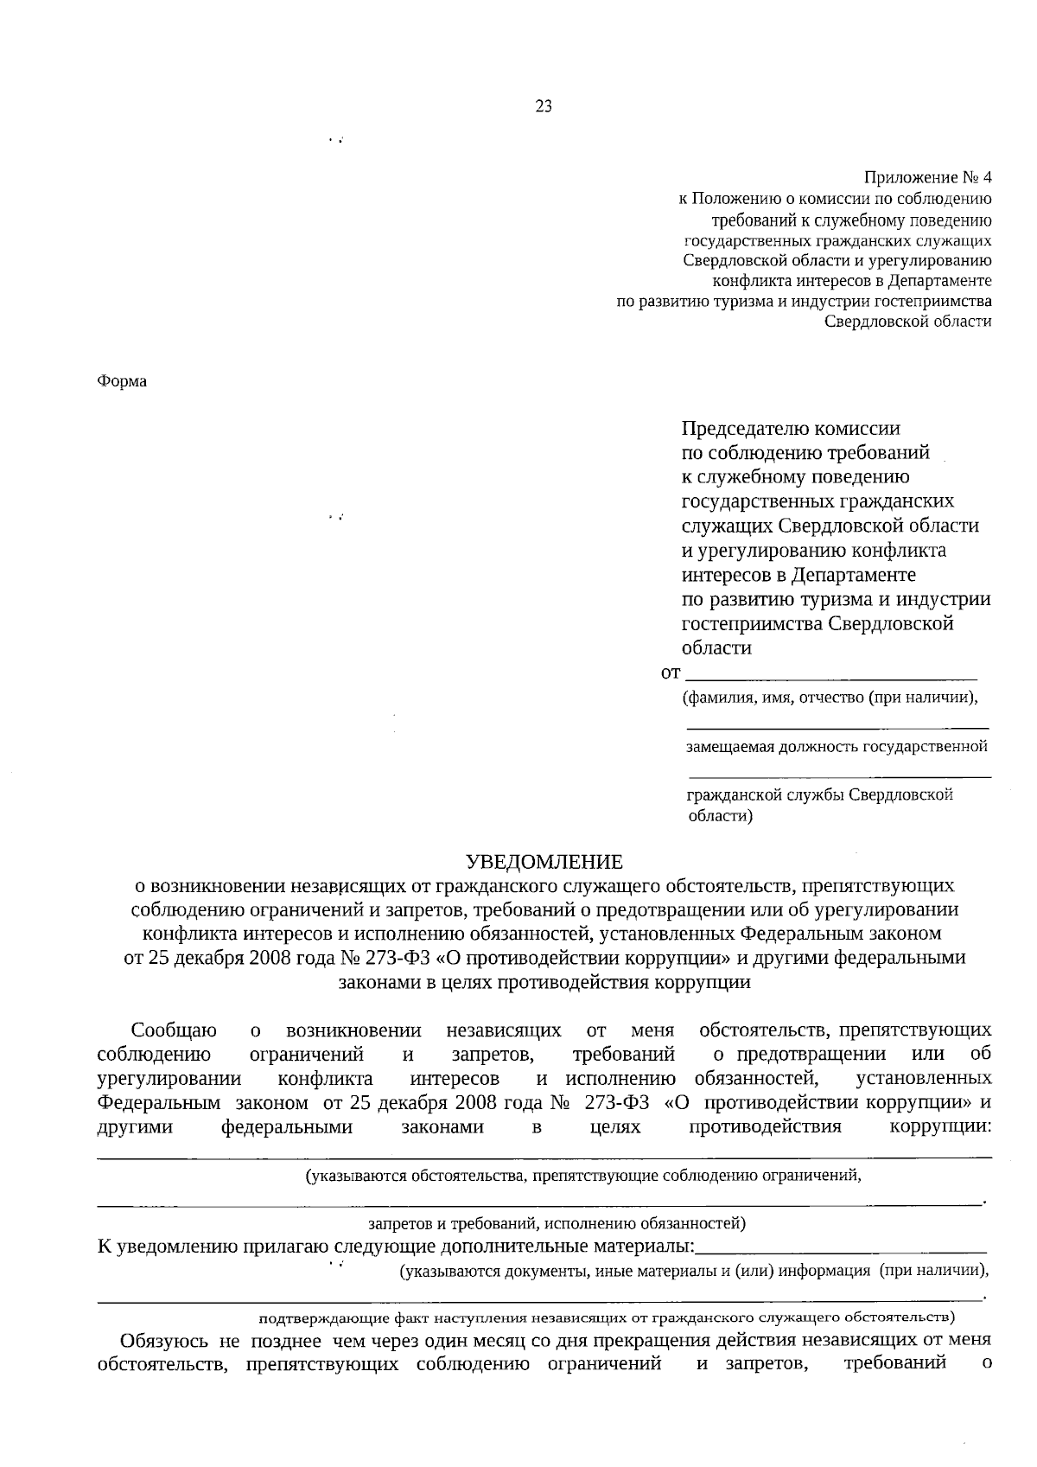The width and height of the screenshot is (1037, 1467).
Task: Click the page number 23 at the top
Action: tap(544, 106)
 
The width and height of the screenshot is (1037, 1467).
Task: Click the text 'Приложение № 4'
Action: tap(928, 178)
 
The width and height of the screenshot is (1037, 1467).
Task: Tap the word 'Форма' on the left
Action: tap(122, 381)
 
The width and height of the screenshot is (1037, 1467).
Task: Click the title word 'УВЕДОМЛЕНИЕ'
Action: tap(544, 861)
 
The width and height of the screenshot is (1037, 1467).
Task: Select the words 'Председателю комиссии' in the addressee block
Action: tap(791, 428)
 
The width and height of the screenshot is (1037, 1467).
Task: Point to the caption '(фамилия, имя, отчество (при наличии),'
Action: tap(831, 698)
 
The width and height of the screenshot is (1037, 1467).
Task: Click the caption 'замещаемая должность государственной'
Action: tap(837, 746)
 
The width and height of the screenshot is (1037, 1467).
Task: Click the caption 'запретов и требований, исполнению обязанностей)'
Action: tap(557, 1223)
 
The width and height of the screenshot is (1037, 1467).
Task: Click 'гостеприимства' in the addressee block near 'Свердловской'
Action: tap(751, 623)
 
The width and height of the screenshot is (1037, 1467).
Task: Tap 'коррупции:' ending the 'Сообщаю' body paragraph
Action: tap(940, 1127)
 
